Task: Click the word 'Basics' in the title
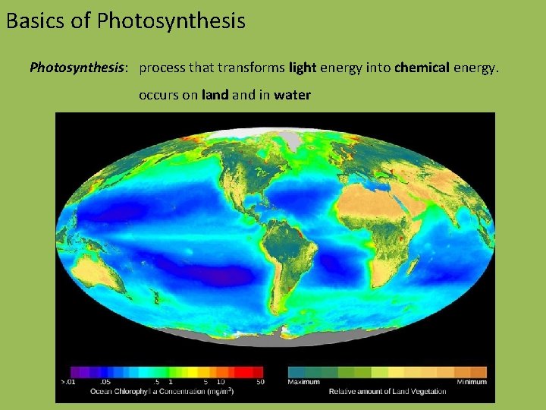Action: [x=30, y=20]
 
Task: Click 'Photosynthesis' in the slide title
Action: [x=171, y=20]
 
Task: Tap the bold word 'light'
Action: [x=303, y=68]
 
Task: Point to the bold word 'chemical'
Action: [x=422, y=68]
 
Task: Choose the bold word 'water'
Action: [x=292, y=96]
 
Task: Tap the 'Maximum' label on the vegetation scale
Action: [x=303, y=382]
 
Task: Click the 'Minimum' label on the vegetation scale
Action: [x=472, y=382]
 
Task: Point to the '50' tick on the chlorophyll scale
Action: [x=260, y=382]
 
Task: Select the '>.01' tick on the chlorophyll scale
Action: [x=67, y=382]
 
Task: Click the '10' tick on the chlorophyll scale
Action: [x=221, y=382]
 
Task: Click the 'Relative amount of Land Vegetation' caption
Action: [x=388, y=392]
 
